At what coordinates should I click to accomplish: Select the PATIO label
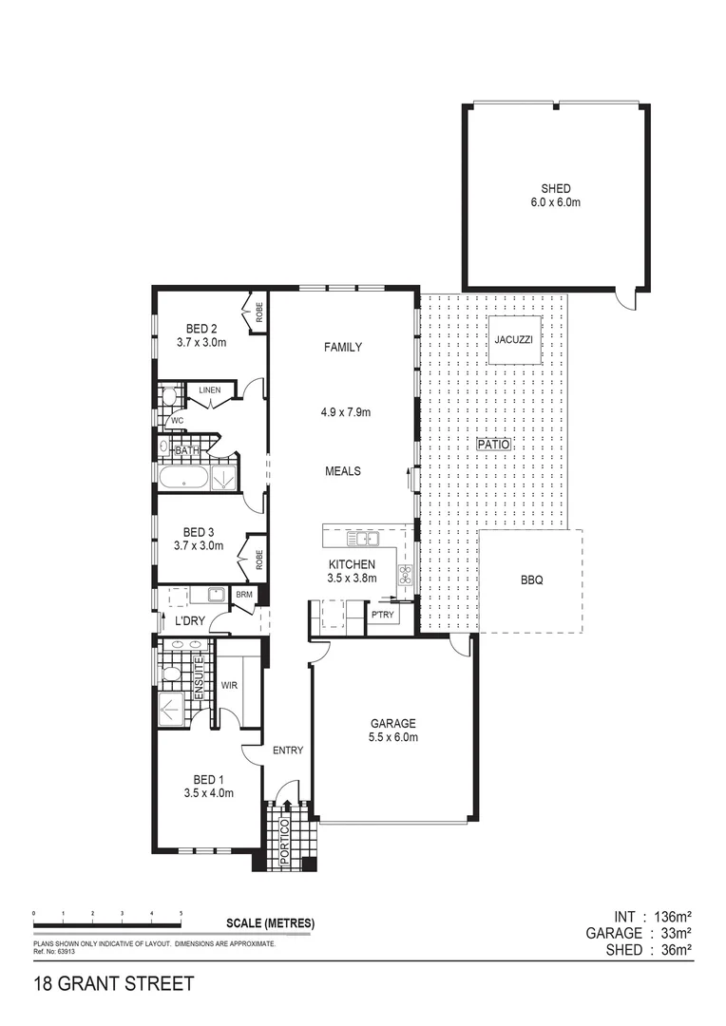(x=494, y=445)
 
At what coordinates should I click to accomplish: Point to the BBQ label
(x=531, y=580)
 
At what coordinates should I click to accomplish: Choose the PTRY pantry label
(x=384, y=615)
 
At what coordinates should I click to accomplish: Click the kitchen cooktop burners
(x=404, y=573)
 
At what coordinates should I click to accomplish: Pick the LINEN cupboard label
(x=210, y=390)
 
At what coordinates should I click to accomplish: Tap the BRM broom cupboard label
(x=244, y=596)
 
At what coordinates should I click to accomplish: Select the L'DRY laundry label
(x=191, y=621)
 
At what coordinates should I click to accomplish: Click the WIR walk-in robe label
(x=228, y=684)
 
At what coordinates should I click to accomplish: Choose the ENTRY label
(x=288, y=750)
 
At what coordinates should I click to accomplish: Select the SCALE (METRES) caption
(x=270, y=923)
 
